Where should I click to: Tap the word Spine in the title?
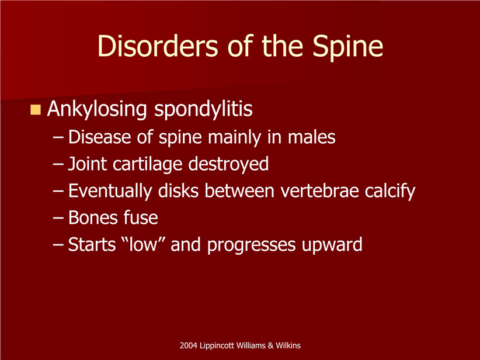click(347, 48)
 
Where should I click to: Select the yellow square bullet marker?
click(36, 110)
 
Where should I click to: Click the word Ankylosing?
click(97, 109)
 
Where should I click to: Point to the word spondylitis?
click(203, 109)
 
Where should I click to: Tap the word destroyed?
click(228, 164)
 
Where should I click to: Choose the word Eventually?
click(110, 191)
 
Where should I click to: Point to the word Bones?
click(92, 218)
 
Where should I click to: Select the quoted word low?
click(143, 245)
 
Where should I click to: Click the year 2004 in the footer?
click(189, 345)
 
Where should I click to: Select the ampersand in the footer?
click(270, 345)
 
